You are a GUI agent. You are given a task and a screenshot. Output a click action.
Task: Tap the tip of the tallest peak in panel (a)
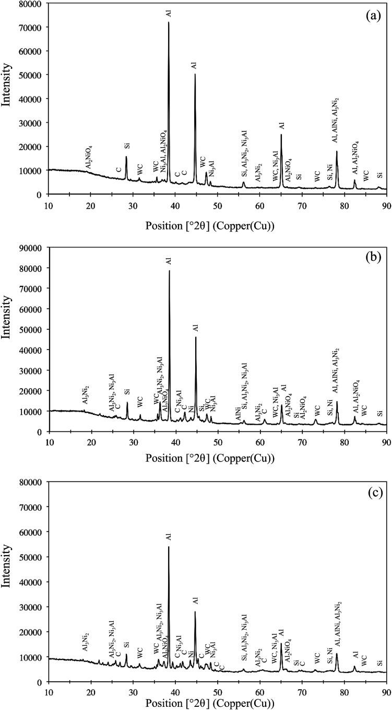169,22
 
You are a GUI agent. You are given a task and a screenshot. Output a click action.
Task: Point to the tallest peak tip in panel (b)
169,270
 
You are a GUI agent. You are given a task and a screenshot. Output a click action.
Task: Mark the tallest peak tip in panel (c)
169,546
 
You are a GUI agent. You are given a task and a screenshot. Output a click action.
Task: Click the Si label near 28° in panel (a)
126,146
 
